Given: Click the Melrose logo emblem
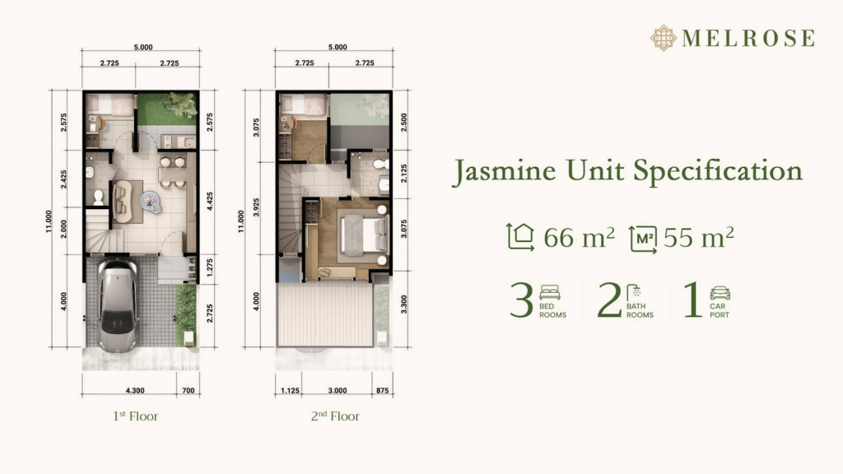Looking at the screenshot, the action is point(664,38).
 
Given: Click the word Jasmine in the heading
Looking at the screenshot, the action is point(505,171).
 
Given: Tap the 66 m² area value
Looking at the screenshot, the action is point(579,237).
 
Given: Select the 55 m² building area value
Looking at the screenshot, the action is point(698,237).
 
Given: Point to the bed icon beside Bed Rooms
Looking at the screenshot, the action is point(549,292).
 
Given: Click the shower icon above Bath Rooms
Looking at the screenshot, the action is point(635,292).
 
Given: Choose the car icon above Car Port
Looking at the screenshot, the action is point(720,293).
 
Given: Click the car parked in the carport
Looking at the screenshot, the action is point(118,306).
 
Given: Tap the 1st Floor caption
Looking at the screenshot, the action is point(136,416).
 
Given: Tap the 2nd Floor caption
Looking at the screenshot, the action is point(335,416).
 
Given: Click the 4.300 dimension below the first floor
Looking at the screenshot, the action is point(135,391).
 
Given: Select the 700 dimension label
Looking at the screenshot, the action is point(189,391).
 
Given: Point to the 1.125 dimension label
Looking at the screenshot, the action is point(290,391).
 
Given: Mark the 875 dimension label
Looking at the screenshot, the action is point(382,391).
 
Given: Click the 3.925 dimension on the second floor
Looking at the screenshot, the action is point(257,207).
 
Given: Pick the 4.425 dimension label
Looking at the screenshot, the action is point(210,202).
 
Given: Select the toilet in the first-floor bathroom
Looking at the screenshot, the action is point(99,197).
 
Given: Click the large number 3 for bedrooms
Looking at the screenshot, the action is point(521,300).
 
